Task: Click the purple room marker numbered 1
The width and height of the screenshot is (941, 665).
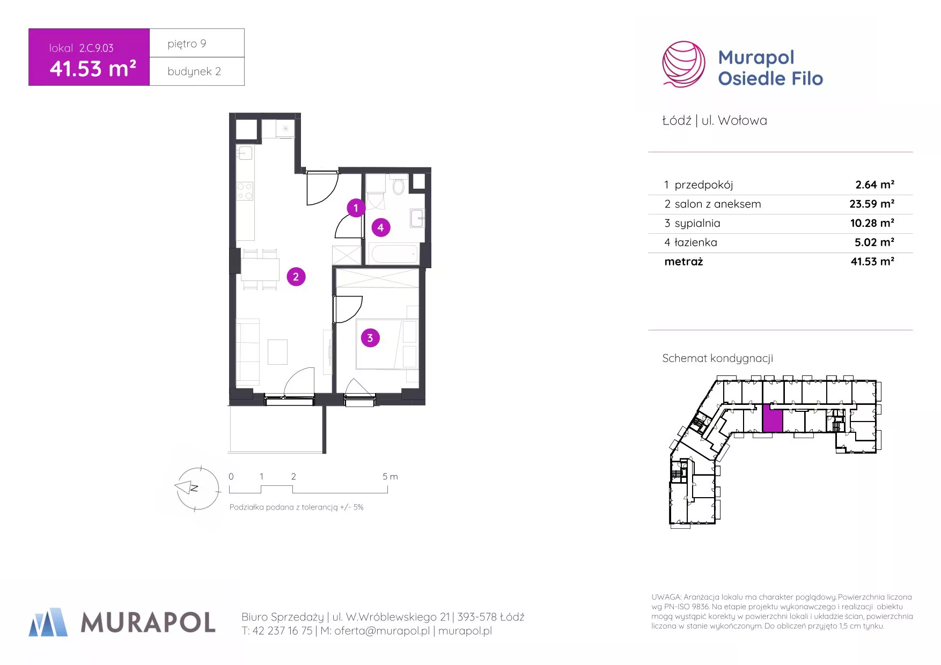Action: (356, 208)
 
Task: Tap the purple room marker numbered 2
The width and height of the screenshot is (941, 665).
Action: (296, 277)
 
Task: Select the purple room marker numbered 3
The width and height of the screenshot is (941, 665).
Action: (370, 338)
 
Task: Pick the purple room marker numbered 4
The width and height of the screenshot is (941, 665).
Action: (381, 227)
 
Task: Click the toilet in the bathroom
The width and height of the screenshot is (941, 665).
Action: (398, 186)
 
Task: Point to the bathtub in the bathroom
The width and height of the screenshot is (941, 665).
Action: (394, 254)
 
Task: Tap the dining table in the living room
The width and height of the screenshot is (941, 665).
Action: (260, 269)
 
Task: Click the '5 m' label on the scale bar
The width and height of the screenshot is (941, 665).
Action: (390, 476)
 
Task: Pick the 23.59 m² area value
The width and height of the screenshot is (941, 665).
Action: (872, 204)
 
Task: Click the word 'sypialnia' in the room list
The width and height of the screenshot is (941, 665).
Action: (697, 223)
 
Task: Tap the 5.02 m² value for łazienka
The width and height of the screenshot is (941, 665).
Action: (874, 242)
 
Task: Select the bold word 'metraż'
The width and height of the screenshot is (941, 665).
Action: (683, 262)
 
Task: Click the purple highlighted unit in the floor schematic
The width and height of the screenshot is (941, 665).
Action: (773, 418)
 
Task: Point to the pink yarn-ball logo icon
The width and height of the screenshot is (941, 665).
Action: (683, 64)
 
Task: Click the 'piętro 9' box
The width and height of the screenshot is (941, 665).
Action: (197, 43)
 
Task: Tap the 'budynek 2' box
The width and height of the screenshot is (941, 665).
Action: (197, 71)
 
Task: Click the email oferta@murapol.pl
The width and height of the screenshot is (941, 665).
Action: (382, 631)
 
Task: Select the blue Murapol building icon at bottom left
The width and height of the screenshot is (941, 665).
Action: (48, 622)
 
